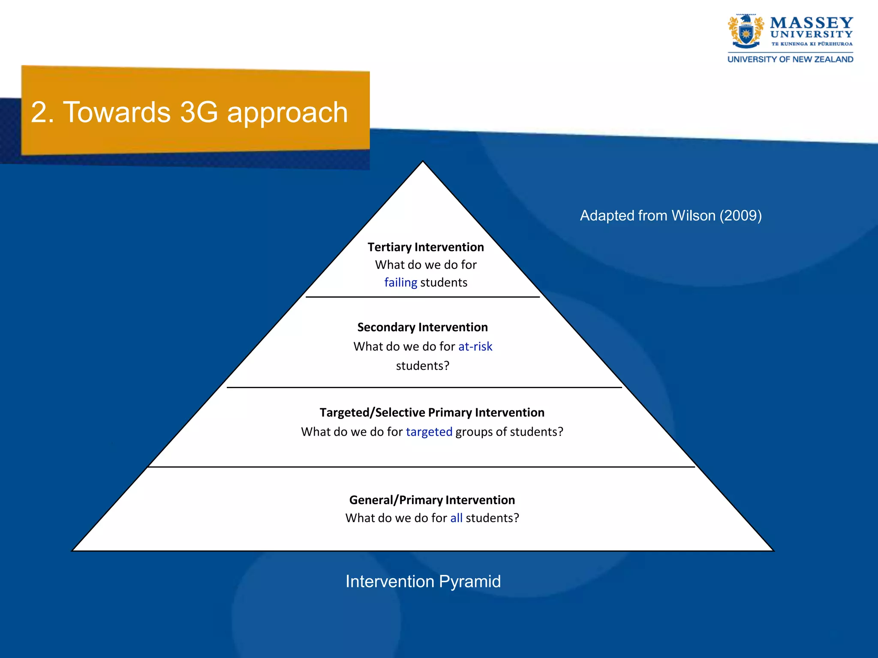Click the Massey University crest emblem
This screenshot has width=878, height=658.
click(x=746, y=32)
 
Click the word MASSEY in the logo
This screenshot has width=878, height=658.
click(x=811, y=22)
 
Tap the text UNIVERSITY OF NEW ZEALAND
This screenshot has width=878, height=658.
click(x=790, y=60)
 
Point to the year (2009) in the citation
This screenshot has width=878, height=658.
click(x=740, y=215)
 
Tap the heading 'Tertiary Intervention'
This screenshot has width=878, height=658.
click(x=425, y=247)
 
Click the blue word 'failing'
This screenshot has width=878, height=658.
click(x=400, y=283)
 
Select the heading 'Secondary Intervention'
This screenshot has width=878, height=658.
click(x=422, y=327)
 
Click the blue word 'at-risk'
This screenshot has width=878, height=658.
click(x=475, y=347)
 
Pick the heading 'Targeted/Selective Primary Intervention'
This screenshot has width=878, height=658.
click(x=432, y=413)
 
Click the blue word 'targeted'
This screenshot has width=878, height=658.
click(x=429, y=432)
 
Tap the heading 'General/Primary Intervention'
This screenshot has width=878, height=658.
click(x=432, y=500)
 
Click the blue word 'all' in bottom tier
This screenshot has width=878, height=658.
click(x=456, y=518)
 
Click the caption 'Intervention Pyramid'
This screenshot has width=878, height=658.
click(x=423, y=582)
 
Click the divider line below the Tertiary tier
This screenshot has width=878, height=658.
click(x=422, y=297)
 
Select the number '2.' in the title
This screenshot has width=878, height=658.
click(x=42, y=113)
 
